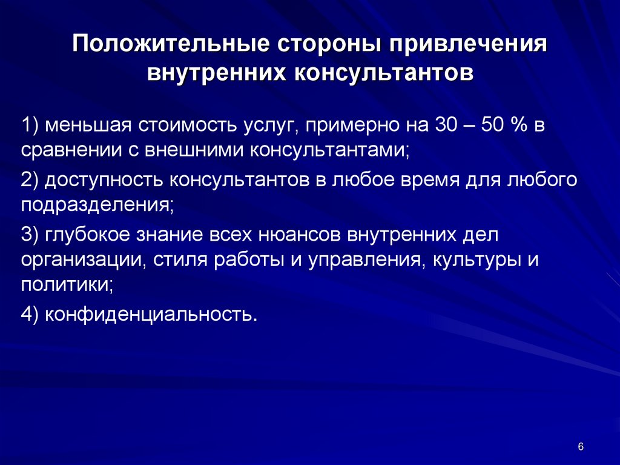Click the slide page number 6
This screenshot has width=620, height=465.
(581, 447)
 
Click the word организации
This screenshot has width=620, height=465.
(84, 259)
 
